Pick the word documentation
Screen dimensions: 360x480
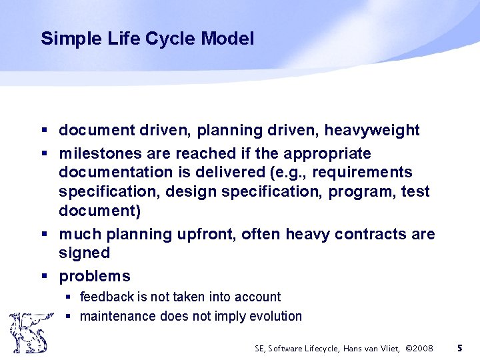[115, 172]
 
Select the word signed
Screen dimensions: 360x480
[84, 253]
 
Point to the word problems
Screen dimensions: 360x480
[95, 276]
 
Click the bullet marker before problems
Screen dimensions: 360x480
[44, 276]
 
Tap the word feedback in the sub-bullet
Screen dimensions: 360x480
[106, 297]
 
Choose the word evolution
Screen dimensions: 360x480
[275, 316]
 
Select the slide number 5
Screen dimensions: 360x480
[459, 348]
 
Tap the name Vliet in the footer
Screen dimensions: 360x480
[389, 348]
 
